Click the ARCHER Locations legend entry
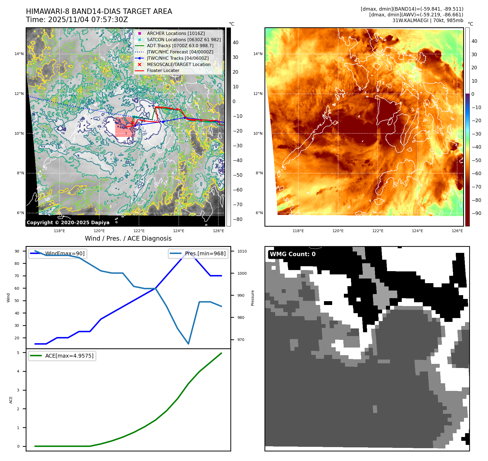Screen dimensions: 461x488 [175, 33]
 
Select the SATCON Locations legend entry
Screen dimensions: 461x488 [184, 40]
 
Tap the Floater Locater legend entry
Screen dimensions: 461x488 [163, 70]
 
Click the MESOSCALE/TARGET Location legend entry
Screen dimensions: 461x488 [178, 64]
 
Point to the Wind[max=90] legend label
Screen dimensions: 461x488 [65, 253]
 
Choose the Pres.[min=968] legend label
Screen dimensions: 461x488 [205, 253]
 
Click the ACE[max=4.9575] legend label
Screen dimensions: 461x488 [69, 356]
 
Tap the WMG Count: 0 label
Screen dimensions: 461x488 [293, 254]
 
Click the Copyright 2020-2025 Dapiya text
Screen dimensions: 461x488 [68, 223]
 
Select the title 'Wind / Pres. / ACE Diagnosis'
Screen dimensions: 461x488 [128, 238]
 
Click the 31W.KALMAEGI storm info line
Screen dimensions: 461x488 [427, 20]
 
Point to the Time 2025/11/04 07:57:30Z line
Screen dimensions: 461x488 [77, 20]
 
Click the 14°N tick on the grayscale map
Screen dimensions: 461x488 [19, 54]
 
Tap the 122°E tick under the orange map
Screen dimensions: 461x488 [378, 231]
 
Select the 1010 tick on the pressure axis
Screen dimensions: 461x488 [242, 251]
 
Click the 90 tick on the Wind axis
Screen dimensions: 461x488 [17, 251]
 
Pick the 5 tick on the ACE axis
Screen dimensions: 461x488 [18, 353]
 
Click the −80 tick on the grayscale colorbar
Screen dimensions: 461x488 [237, 219]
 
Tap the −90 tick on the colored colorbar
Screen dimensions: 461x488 [476, 213]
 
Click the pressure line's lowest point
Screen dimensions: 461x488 [188, 344]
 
